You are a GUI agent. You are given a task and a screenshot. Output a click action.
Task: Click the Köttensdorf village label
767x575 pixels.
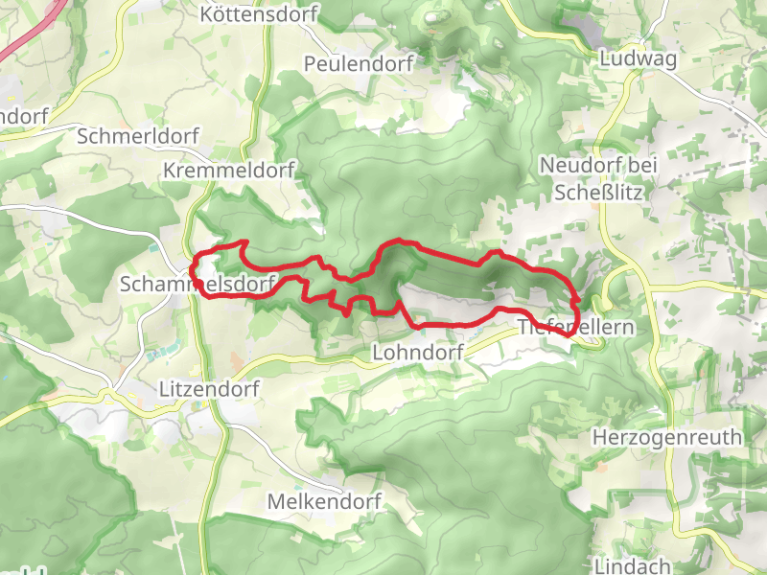pyautogui.click(x=259, y=14)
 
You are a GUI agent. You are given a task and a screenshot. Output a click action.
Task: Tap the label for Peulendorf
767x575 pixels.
pyautogui.click(x=358, y=64)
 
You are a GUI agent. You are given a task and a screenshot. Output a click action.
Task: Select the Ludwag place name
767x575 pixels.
pyautogui.click(x=638, y=58)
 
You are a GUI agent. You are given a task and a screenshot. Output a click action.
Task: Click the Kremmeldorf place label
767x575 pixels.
pyautogui.click(x=229, y=170)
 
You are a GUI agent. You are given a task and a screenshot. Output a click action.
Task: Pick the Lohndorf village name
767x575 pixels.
pyautogui.click(x=417, y=353)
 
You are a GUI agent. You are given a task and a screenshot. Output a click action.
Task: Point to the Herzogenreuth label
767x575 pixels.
pyautogui.click(x=668, y=438)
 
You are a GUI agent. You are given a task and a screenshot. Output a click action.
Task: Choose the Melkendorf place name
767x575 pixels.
pyautogui.click(x=324, y=502)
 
